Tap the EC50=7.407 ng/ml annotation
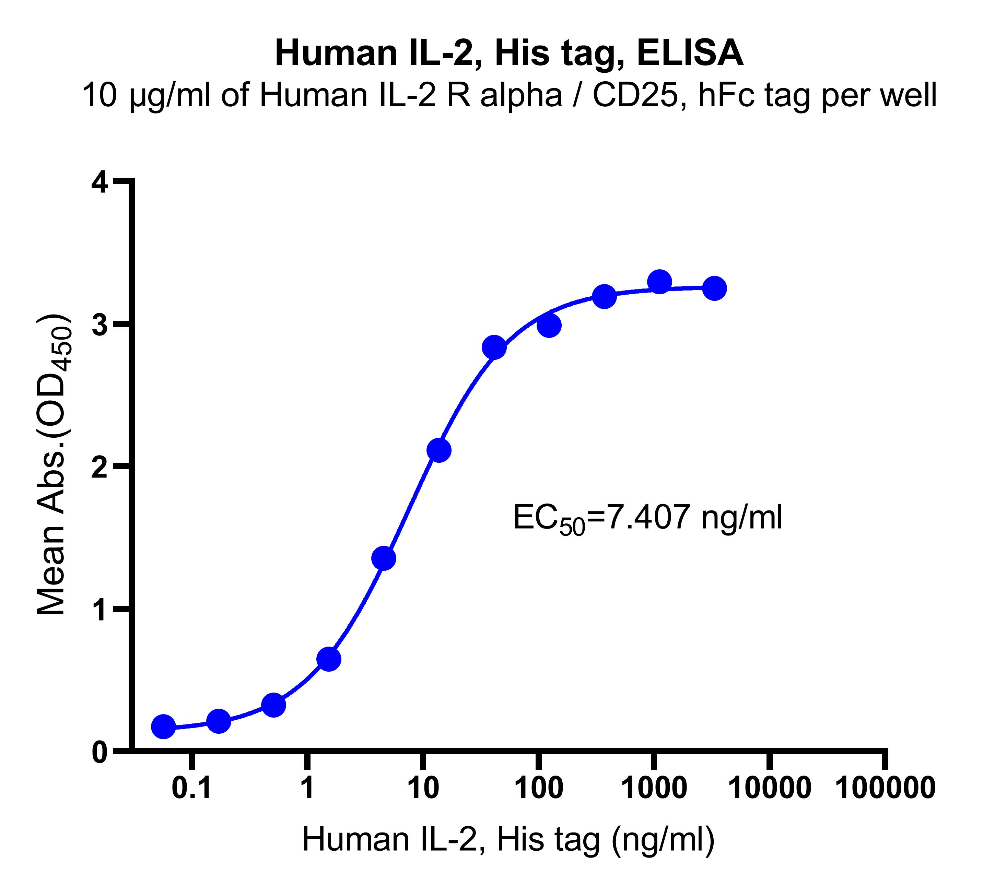pos(647,518)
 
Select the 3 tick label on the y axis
pos(100,325)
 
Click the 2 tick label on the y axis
pos(100,467)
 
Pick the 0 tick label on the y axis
pos(100,752)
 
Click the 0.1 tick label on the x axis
pos(192,787)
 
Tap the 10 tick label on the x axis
pos(423,787)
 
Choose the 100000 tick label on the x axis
pos(886,787)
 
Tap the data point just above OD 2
pos(439,450)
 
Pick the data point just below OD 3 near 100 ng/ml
pos(549,325)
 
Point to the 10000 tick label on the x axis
pos(769,787)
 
